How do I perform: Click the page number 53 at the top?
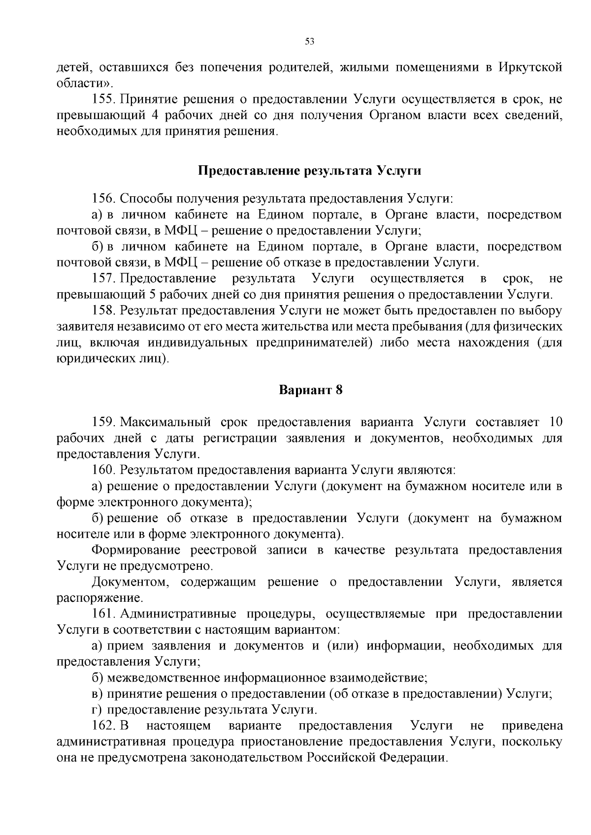pos(310,41)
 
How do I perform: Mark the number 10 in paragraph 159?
pos(555,422)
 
